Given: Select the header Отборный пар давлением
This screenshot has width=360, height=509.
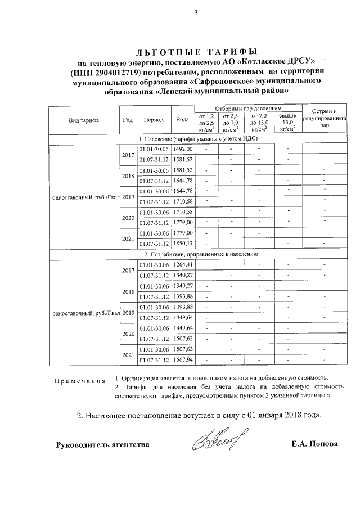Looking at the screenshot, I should [x=247, y=108].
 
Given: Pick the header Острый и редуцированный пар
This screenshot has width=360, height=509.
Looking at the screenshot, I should [x=325, y=118].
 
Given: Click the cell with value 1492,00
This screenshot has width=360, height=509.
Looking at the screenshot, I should [x=183, y=148].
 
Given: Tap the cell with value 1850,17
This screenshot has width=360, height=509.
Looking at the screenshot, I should [x=183, y=244].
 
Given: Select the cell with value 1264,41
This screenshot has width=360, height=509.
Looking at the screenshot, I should [x=183, y=264].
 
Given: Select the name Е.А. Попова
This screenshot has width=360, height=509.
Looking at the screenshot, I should [x=315, y=444].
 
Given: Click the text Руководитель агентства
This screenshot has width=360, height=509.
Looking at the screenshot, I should [x=102, y=445].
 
